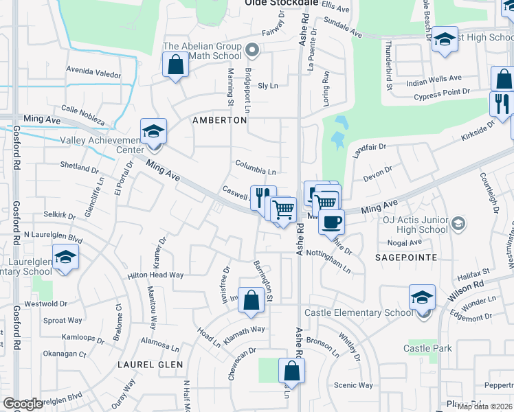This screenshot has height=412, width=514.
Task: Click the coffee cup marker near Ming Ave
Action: coord(332,222)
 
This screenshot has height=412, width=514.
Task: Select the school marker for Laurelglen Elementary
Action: coord(65,257)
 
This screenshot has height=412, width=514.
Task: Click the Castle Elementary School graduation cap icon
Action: coord(423,297)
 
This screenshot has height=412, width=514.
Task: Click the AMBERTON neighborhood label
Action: coord(219,119)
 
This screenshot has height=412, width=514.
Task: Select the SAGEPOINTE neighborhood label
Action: coord(406,257)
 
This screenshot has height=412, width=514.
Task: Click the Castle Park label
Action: coord(427,348)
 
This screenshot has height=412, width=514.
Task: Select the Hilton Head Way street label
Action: coord(155,275)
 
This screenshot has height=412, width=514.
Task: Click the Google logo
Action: coord(23,403)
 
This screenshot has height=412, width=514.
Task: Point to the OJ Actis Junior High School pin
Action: coord(459,222)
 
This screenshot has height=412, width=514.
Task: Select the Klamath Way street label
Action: coord(243,330)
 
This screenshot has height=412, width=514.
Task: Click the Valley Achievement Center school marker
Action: coord(154,130)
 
